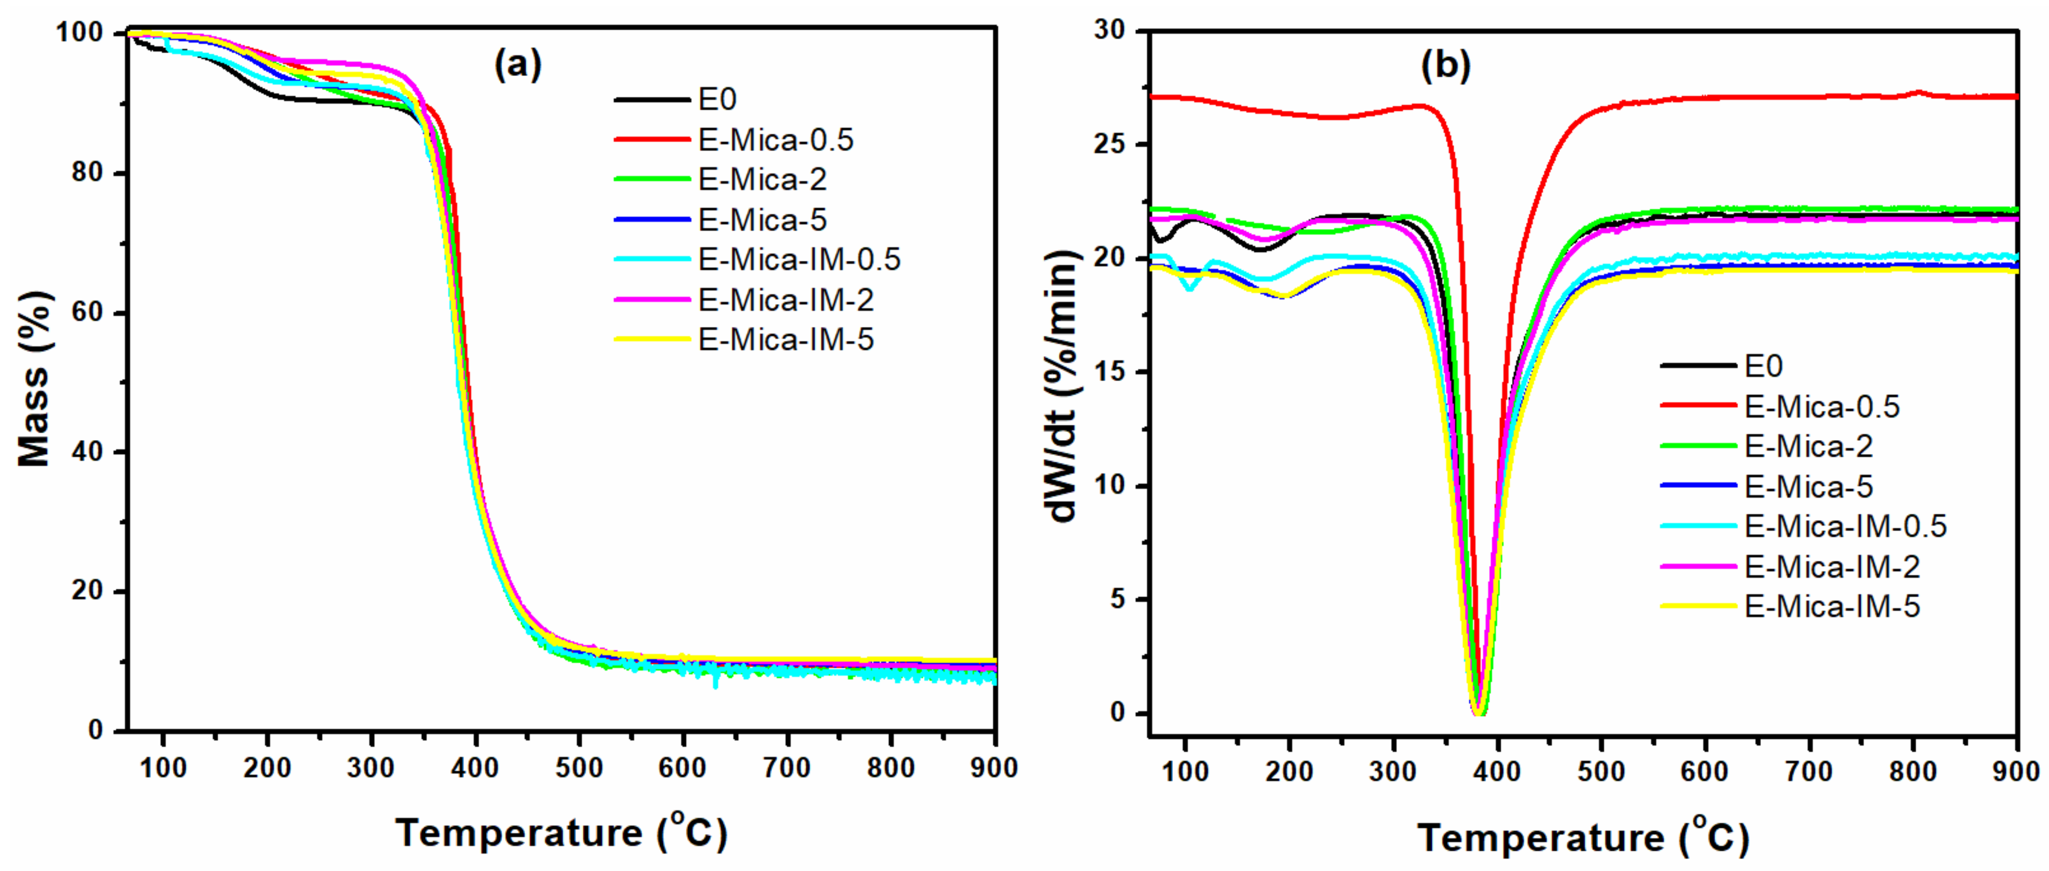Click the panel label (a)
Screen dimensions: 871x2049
pos(518,64)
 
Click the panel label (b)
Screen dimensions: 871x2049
pos(1445,65)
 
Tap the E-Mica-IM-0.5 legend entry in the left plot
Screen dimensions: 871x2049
pos(798,259)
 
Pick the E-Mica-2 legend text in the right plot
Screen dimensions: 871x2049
pos(1808,446)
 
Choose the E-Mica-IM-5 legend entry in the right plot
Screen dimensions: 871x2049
pos(1832,607)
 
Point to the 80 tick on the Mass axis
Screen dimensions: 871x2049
pos(88,173)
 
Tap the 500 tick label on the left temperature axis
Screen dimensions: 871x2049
pos(579,768)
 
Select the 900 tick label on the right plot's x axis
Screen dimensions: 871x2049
pos(2016,772)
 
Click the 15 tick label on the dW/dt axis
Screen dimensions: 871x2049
pos(1111,372)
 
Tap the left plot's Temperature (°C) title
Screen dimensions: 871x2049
pos(561,833)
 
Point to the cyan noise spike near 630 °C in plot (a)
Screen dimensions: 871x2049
pos(716,684)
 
